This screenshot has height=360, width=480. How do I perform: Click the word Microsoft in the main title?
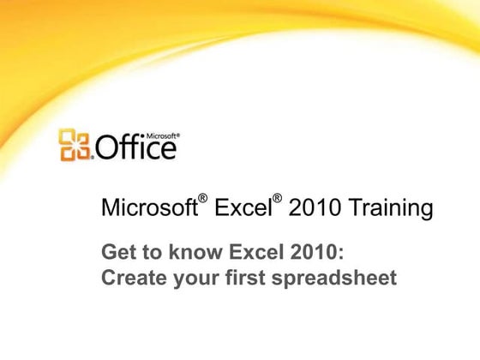tap(148, 208)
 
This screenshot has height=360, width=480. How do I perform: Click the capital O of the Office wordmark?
tap(107, 148)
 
